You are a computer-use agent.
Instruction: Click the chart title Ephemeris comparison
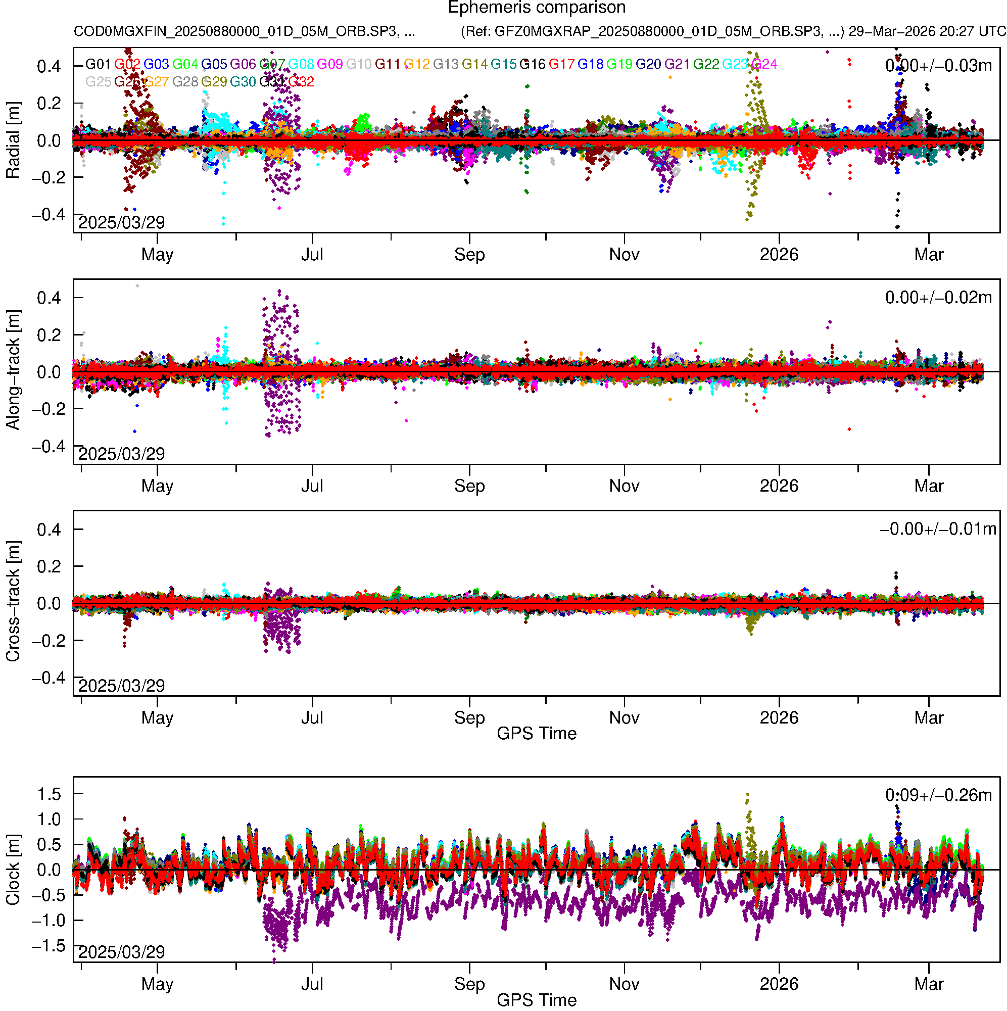537,8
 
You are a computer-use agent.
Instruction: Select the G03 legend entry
156,64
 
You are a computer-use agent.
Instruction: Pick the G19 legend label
619,64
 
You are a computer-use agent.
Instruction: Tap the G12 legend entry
417,64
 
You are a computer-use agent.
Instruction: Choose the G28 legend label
185,82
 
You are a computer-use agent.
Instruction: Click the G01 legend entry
98,64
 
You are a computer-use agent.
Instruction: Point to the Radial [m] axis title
13,140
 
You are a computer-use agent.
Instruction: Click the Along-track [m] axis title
13,370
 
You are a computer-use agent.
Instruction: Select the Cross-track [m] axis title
13,602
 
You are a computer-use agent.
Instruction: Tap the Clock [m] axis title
13,870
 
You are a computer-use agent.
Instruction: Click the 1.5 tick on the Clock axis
49,794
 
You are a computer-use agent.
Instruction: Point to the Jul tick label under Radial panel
312,255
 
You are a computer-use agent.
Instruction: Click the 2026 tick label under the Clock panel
779,984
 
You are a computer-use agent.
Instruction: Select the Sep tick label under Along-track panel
469,486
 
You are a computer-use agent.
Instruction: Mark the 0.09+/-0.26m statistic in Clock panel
938,795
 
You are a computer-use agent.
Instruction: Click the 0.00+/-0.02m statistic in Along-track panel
938,298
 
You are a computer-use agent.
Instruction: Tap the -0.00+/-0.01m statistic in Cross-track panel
938,529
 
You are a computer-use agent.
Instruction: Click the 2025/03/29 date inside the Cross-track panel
121,686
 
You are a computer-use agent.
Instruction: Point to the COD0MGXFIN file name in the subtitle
244,31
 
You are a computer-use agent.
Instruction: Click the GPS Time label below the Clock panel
537,1000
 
